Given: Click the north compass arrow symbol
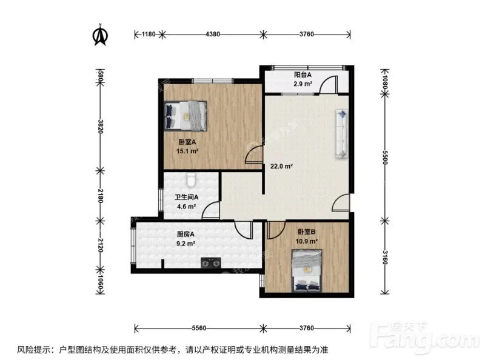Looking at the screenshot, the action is [x=100, y=35].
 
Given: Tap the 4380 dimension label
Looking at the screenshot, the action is [x=213, y=34].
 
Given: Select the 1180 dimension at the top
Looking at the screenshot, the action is [x=149, y=34].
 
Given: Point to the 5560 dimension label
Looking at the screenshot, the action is [x=199, y=328].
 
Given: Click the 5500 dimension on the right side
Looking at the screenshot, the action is [x=385, y=158].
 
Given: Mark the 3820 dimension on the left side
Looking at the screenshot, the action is [x=100, y=126].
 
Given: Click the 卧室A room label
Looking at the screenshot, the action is [x=187, y=142].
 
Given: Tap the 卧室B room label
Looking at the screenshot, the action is [x=306, y=232].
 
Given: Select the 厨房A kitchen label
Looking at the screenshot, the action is [x=186, y=234].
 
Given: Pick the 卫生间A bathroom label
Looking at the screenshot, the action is [x=186, y=197].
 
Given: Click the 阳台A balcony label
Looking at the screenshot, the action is [x=303, y=75].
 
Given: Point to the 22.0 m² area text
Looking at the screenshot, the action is [x=281, y=166].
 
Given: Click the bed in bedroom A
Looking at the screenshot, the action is [x=185, y=116].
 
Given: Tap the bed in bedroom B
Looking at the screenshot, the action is [x=307, y=271].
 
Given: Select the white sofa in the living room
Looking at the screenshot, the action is [x=341, y=133].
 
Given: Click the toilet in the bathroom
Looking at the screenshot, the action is [x=191, y=180].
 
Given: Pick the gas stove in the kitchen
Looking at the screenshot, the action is [x=211, y=263].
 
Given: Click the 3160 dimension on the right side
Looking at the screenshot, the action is [x=385, y=258].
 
